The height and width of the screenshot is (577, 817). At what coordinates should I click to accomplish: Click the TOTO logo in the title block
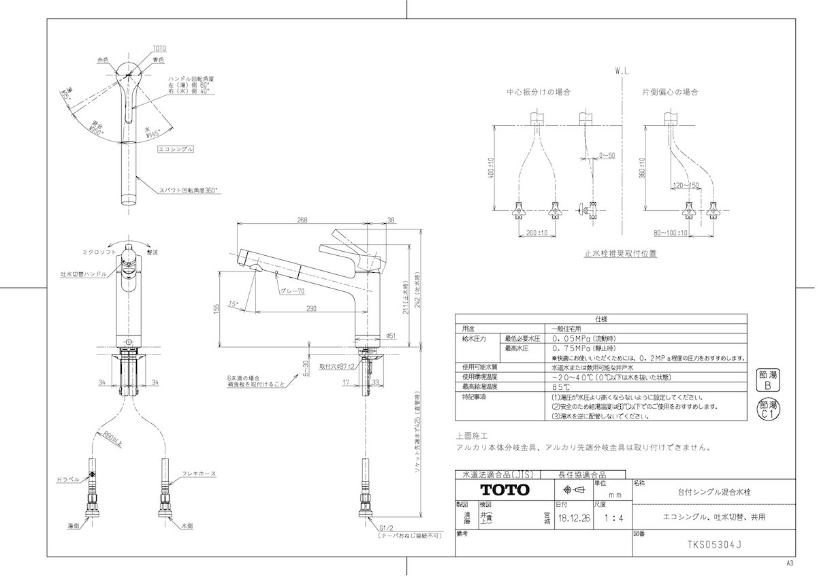(504, 490)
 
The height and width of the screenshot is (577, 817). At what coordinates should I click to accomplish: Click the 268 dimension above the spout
(303, 220)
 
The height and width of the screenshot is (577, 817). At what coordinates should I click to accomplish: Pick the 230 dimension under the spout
(311, 309)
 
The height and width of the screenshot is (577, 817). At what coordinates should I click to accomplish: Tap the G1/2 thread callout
(387, 528)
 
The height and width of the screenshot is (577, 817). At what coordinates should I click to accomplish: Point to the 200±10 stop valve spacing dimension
(538, 233)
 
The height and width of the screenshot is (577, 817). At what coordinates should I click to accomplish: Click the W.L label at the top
(622, 70)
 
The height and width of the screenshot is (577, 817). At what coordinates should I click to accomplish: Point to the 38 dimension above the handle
(391, 220)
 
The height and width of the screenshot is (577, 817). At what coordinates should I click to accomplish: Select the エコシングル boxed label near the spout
(176, 148)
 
